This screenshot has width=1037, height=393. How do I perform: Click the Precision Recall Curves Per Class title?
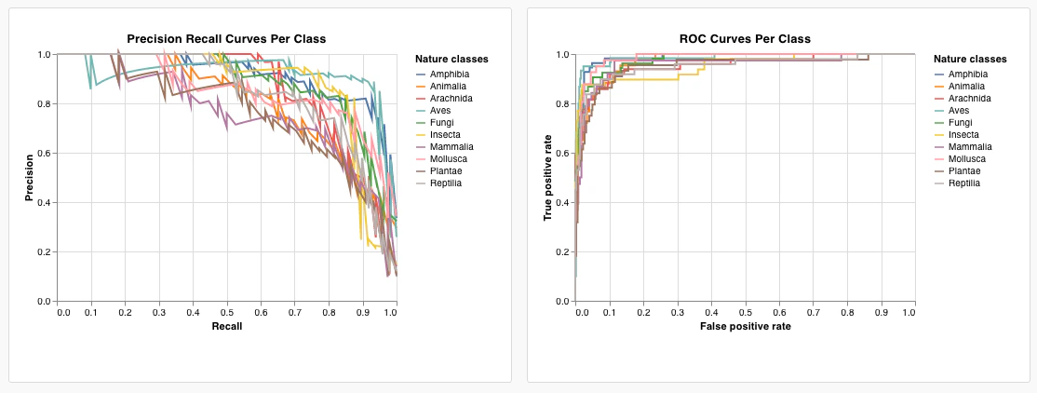click(x=226, y=38)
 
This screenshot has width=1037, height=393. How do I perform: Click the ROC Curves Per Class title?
click(x=745, y=38)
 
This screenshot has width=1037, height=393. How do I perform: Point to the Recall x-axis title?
click(x=227, y=327)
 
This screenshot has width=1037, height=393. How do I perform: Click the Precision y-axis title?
click(x=31, y=178)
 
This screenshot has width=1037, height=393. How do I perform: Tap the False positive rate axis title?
click(x=745, y=327)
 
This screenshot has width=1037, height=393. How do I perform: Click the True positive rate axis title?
click(x=548, y=178)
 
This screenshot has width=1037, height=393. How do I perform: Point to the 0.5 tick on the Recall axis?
click(x=227, y=312)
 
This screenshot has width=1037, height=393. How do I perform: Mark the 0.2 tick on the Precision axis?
click(x=45, y=252)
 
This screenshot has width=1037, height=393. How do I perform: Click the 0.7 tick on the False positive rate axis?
click(x=813, y=312)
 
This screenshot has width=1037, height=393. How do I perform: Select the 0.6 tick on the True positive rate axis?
click(x=562, y=154)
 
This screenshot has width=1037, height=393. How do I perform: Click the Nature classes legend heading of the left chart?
click(x=451, y=60)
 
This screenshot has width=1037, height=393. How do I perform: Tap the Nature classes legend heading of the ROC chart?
click(x=970, y=60)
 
